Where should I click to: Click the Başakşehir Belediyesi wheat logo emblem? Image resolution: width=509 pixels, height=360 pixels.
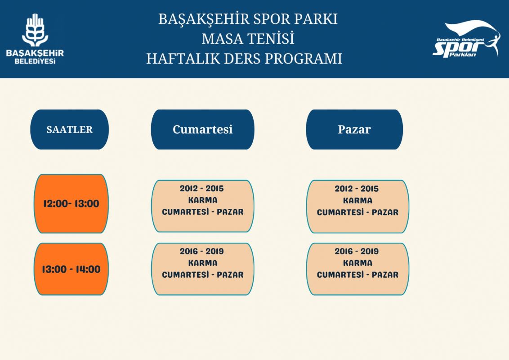pos(35,30)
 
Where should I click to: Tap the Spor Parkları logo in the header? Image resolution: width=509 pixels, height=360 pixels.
pos(466,39)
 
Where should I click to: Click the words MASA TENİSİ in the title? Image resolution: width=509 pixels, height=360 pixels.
pos(248,39)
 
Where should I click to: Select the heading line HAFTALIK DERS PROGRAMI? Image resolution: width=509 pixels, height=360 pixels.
pos(244,59)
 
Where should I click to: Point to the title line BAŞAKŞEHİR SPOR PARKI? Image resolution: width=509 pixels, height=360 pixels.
pos(248,19)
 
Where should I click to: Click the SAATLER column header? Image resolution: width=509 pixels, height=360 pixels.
pos(69,129)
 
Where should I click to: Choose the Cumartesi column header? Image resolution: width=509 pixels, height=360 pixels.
pos(202,129)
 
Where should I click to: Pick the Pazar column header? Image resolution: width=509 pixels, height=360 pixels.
pos(354,129)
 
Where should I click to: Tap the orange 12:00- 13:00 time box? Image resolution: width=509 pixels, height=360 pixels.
pos(71,204)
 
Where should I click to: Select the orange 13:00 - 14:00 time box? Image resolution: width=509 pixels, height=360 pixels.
pos(71,269)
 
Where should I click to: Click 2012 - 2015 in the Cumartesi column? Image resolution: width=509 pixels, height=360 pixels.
pos(202,189)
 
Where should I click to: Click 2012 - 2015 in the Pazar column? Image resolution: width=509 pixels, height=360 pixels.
pos(357,189)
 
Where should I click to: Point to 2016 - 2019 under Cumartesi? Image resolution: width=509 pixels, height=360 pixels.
pos(202,251)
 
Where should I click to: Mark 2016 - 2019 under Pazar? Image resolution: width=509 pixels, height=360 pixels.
pos(357,251)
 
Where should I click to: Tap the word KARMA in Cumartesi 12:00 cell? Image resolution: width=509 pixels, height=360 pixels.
pos(203,200)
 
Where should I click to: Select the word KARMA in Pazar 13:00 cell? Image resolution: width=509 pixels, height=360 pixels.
pos(358,263)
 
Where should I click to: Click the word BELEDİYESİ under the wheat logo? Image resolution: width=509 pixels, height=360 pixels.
pos(35,61)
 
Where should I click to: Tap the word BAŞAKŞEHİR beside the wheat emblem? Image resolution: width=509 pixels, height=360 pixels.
pos(35,53)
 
